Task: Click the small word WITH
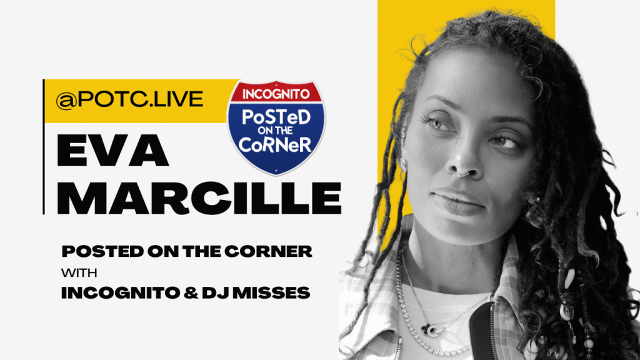[x=76, y=273]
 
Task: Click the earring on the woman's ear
[x=402, y=163]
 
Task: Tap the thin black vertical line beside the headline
[x=43, y=147]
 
